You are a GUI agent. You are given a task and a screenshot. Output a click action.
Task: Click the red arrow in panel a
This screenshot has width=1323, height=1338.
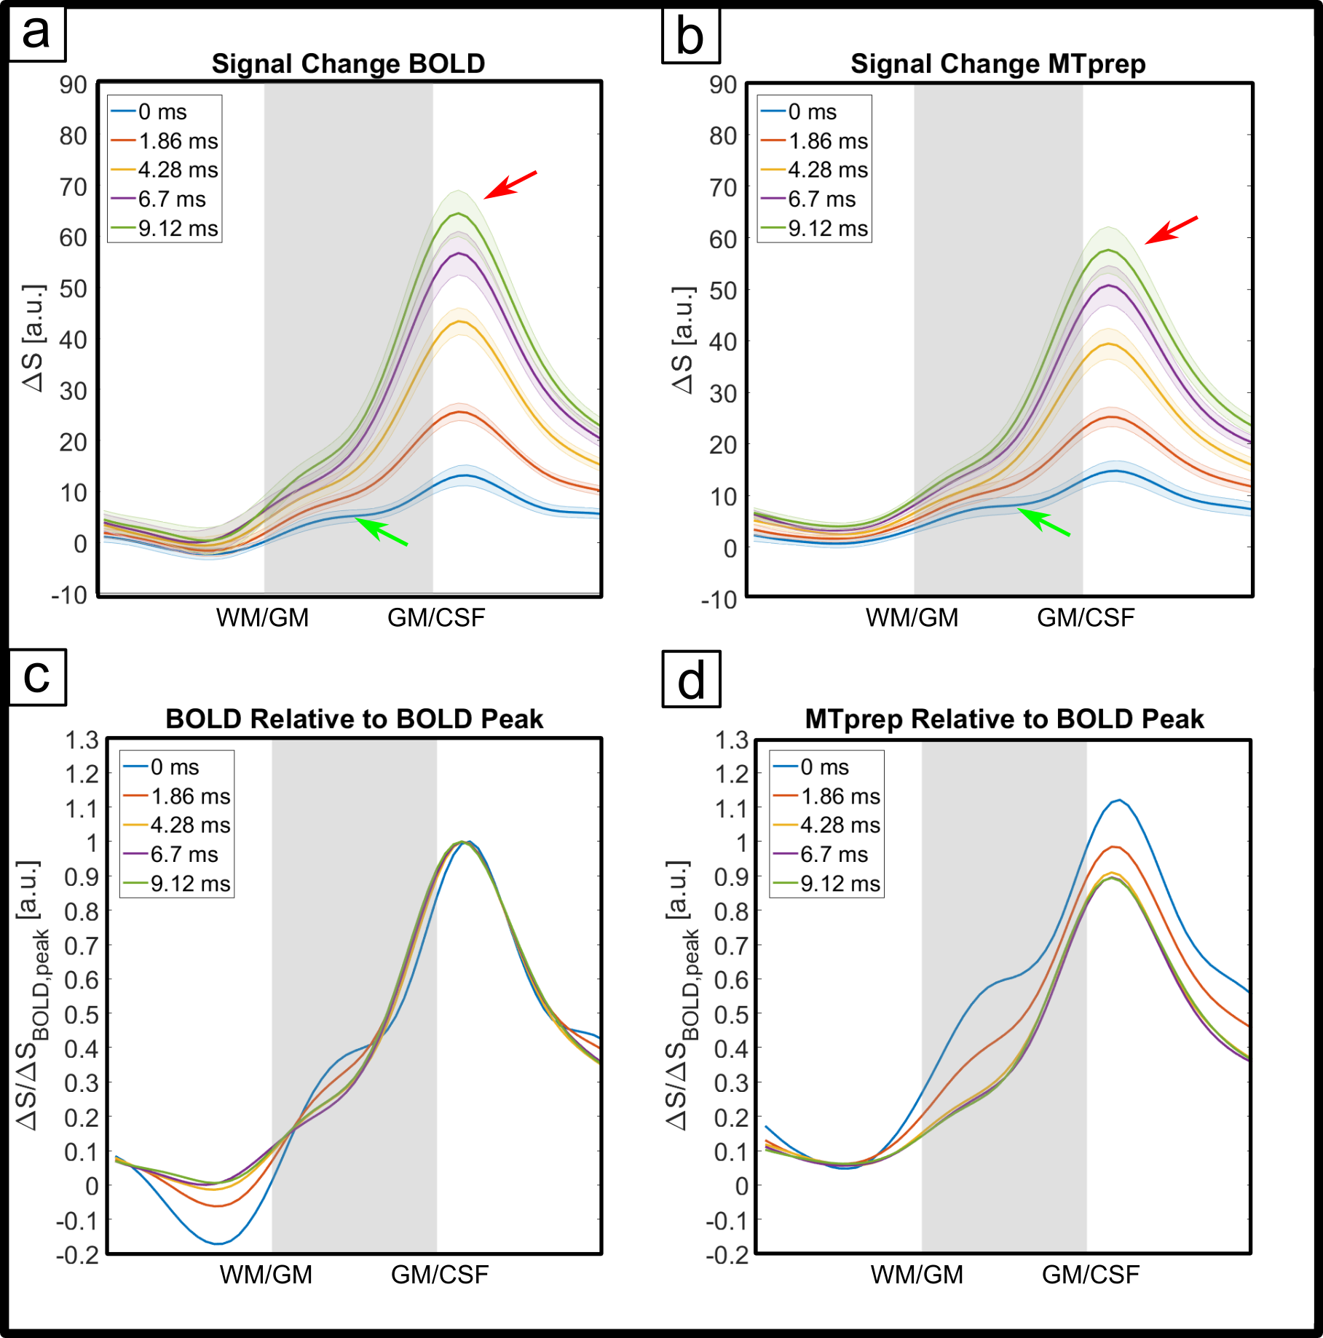click(510, 184)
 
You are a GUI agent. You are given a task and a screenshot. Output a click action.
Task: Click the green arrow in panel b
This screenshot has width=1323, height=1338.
click(1043, 522)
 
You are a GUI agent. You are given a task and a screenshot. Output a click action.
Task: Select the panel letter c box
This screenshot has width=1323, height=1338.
click(37, 677)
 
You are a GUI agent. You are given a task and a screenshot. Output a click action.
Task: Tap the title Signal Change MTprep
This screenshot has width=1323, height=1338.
click(998, 64)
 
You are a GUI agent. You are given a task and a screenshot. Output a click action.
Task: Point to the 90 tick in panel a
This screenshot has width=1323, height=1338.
click(74, 85)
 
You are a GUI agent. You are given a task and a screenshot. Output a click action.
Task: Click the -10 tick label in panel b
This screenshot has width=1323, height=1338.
click(719, 600)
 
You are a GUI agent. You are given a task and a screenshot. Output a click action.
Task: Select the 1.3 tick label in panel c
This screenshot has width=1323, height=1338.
click(82, 740)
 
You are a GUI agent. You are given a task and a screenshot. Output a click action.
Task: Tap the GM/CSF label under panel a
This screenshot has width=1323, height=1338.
click(435, 618)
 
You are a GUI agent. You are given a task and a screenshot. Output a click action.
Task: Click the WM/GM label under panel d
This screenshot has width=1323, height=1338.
click(917, 1275)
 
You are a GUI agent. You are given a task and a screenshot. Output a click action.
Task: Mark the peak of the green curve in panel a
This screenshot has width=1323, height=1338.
click(459, 213)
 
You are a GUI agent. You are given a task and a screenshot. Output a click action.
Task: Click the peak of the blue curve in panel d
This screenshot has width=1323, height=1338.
click(1119, 800)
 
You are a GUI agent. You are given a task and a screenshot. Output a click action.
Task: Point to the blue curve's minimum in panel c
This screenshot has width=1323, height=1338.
click(218, 1243)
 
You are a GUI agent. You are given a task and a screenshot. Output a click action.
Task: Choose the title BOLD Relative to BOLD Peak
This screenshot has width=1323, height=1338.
click(354, 719)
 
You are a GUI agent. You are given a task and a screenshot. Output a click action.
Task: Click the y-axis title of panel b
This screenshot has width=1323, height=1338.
click(683, 341)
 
